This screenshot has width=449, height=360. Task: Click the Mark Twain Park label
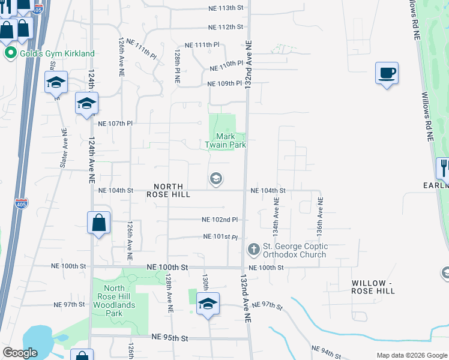pyautogui.click(x=226, y=140)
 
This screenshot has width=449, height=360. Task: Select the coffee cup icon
pyautogui.click(x=386, y=73)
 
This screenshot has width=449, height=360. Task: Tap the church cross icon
pyautogui.click(x=253, y=248)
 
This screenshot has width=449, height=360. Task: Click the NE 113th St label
pyautogui.click(x=226, y=8)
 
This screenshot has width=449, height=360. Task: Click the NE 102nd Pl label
pyautogui.click(x=220, y=220)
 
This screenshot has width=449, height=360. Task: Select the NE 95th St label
pyautogui.click(x=170, y=338)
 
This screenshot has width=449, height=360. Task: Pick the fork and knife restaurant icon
pyautogui.click(x=443, y=167)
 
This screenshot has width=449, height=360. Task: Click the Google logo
pyautogui.click(x=20, y=353)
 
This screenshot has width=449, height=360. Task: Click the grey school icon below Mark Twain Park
pyautogui.click(x=216, y=179)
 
